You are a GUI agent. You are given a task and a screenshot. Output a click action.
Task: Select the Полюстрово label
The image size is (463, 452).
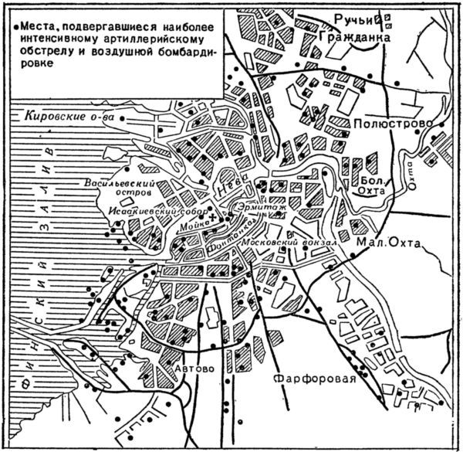[x=386, y=124]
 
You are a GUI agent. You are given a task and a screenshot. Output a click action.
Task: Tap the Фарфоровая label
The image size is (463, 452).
[x=318, y=379]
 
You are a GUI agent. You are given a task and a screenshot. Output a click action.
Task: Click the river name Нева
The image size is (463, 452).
[x=228, y=184]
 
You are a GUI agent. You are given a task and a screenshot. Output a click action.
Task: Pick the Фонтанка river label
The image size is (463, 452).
[x=231, y=236]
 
